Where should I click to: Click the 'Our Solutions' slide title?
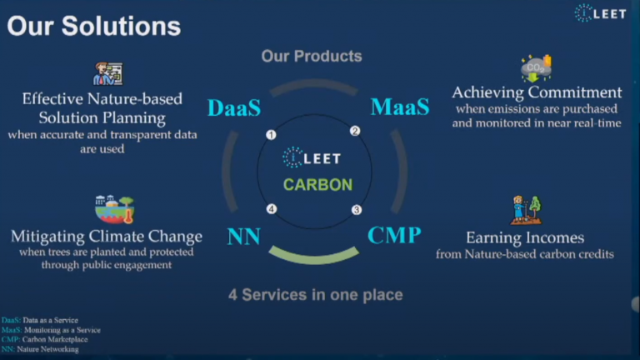click(x=94, y=27)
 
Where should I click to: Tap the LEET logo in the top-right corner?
click(x=600, y=13)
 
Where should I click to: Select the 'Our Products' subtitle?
click(x=312, y=57)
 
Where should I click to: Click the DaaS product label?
click(x=234, y=108)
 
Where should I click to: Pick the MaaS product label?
click(x=400, y=107)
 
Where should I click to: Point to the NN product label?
click(x=243, y=237)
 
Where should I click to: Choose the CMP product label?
click(x=394, y=235)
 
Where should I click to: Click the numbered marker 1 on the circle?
click(x=271, y=135)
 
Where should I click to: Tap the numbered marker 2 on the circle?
click(x=355, y=131)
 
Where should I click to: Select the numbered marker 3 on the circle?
click(x=357, y=210)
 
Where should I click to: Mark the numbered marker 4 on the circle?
click(x=272, y=209)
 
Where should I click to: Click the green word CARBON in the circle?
click(x=318, y=185)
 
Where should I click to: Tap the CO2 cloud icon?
click(x=537, y=68)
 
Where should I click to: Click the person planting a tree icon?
click(x=526, y=210)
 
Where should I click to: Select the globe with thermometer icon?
click(x=115, y=209)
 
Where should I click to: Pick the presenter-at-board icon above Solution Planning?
click(x=107, y=74)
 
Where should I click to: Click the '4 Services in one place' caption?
click(x=316, y=295)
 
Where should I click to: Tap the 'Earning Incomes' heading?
click(x=525, y=237)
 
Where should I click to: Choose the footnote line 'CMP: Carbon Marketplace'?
click(x=44, y=340)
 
